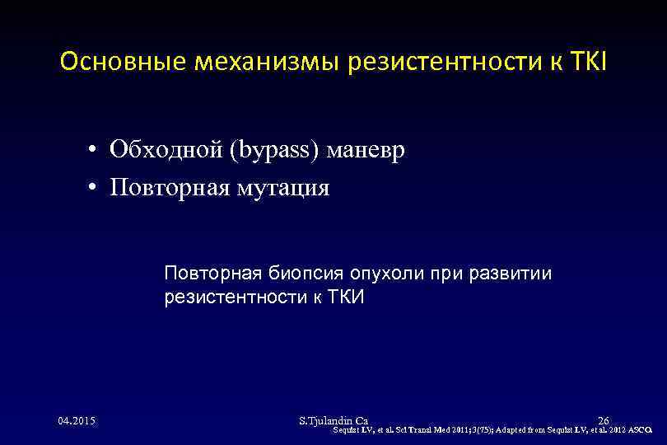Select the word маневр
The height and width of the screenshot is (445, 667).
tap(366, 152)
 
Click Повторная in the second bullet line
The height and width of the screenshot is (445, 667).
tap(167, 188)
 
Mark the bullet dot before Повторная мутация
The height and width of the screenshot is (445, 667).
tap(97, 189)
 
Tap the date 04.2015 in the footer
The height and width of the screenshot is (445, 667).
tap(77, 421)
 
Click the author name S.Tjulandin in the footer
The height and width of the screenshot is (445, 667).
tap(326, 421)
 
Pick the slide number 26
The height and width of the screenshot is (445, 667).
tap(603, 421)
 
